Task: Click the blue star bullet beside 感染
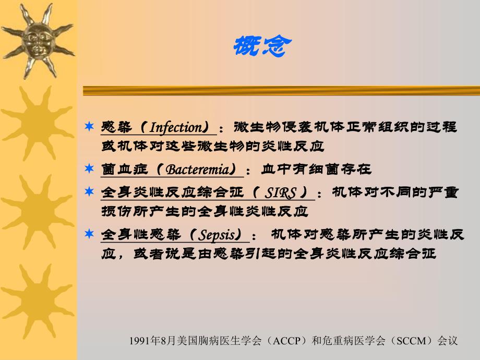pos(90,127)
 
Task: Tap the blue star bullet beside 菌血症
pos(90,170)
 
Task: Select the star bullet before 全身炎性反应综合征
pos(90,193)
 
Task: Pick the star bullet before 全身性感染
pos(90,235)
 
